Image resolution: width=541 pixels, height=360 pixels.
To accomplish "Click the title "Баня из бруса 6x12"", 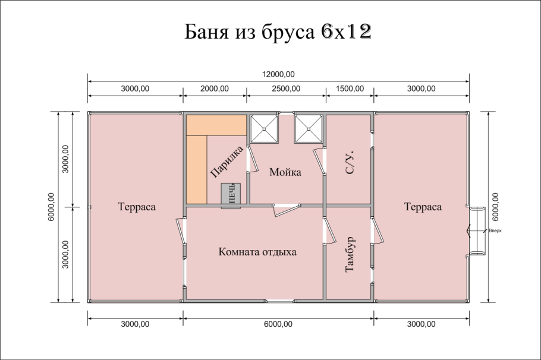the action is click(278, 32).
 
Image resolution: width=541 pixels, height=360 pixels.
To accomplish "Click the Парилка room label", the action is click(227, 162).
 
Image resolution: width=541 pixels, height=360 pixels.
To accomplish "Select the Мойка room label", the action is click(285, 172).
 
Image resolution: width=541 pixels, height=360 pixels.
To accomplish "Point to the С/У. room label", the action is click(350, 162).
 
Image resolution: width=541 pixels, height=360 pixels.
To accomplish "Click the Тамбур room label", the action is click(350, 254).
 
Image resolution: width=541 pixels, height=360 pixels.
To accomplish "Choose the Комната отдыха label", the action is click(257, 252).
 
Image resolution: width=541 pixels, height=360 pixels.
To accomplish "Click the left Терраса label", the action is click(137, 207).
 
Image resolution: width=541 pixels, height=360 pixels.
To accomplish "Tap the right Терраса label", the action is click(423, 207).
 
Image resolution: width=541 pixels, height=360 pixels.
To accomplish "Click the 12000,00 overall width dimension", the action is click(278, 74).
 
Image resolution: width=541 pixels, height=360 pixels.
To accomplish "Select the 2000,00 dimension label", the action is click(215, 89).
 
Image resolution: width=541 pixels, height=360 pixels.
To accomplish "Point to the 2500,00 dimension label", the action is click(286, 89).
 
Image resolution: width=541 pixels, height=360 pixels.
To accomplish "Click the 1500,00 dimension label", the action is click(350, 89).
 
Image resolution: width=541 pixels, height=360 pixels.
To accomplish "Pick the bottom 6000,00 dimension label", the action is click(278, 324).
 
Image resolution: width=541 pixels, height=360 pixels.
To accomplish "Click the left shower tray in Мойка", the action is click(265, 129).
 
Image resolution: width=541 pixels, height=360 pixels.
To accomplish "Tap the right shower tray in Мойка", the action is click(309, 129).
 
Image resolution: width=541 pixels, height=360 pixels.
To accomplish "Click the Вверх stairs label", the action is click(495, 230).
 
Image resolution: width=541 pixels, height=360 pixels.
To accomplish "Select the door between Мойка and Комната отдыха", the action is click(286, 209).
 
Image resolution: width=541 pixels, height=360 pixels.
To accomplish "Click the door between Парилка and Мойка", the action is click(252, 158).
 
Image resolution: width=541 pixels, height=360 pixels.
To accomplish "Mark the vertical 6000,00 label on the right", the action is click(495, 207).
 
